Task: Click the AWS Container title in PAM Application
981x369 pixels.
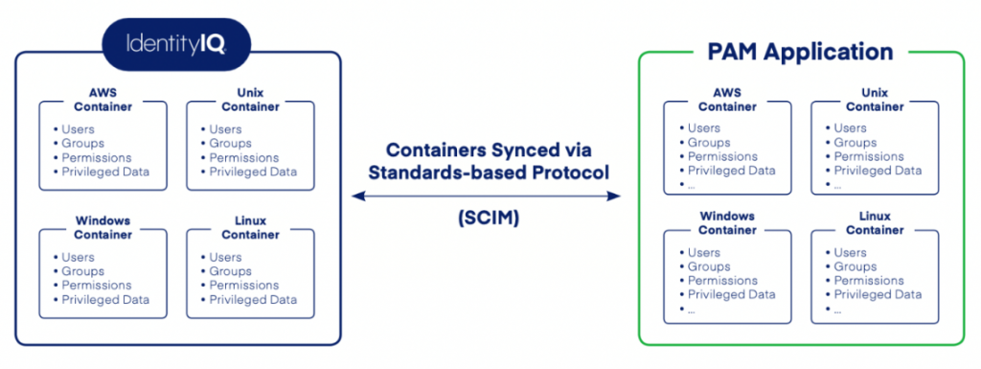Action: (727, 99)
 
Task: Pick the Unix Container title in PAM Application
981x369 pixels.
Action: (874, 99)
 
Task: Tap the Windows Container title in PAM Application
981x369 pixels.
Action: (727, 222)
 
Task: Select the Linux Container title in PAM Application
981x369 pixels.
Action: (874, 222)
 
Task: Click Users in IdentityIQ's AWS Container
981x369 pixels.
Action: (78, 129)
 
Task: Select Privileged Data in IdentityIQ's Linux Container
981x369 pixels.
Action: (253, 299)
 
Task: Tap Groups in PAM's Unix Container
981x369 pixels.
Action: (855, 143)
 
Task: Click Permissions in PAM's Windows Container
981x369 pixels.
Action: (724, 281)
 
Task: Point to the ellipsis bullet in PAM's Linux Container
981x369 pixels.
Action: (838, 309)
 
